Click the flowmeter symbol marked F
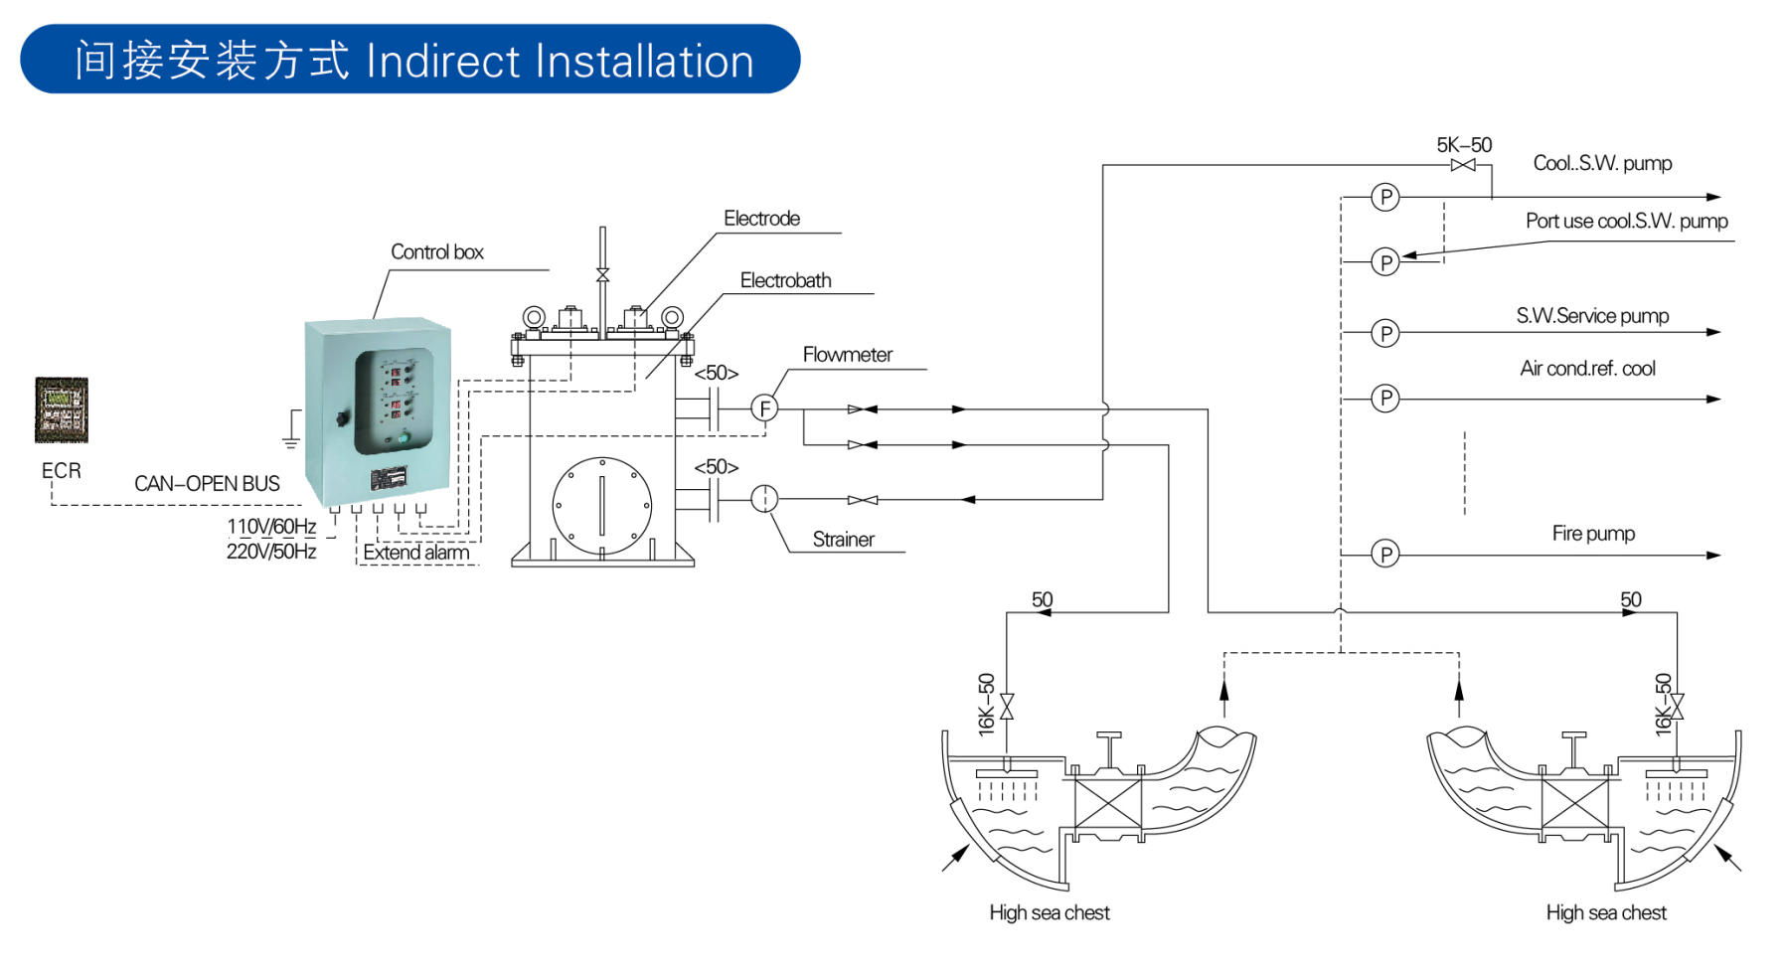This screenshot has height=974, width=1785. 763,407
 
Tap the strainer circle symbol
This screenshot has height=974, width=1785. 763,498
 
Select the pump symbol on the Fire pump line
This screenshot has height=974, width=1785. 1384,554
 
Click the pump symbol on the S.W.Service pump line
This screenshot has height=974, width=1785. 1384,333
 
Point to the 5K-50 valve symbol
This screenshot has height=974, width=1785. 1463,165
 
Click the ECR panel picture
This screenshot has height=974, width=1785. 62,409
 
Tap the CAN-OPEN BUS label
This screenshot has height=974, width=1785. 207,484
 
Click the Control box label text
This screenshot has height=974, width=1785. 436,252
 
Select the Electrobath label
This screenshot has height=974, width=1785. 785,281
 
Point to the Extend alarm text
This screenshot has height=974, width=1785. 415,553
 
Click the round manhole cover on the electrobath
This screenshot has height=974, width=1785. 601,506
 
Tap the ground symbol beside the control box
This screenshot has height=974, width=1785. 291,429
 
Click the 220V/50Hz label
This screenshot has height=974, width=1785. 271,551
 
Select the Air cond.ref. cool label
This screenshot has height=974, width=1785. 1587,369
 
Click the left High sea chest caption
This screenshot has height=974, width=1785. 1049,912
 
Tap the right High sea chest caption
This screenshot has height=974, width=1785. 1605,912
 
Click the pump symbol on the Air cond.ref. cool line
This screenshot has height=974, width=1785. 1384,399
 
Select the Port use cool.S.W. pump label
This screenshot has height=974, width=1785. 1626,221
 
